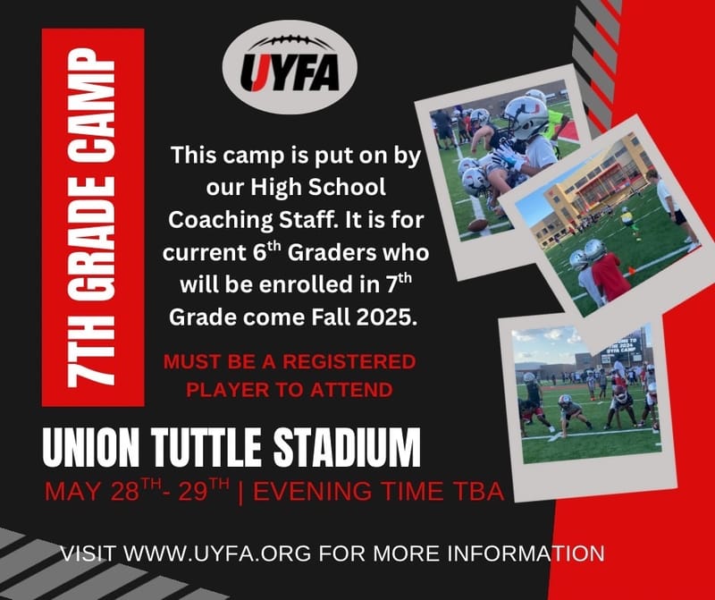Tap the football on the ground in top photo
(x=478, y=224)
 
